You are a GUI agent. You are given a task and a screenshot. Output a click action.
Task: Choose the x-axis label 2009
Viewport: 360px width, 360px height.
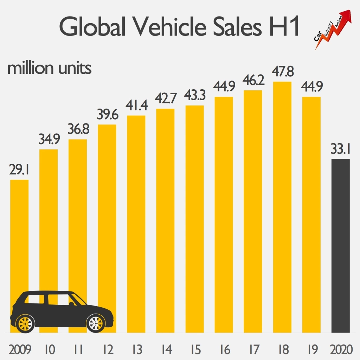pyautogui.click(x=19, y=349)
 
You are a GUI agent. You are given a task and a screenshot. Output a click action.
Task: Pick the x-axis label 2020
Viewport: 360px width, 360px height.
pyautogui.click(x=341, y=349)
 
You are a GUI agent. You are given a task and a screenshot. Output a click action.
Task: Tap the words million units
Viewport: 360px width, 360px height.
pyautogui.click(x=50, y=68)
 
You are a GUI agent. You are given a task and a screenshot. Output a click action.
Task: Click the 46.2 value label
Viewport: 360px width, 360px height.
pyautogui.click(x=253, y=81)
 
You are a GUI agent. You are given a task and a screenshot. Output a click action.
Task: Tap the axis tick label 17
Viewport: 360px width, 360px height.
pyautogui.click(x=253, y=349)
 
